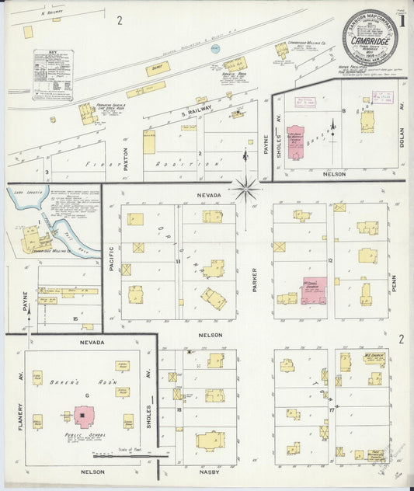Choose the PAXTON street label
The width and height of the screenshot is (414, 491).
[x=124, y=160]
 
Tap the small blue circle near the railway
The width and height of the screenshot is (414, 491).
[x=216, y=48]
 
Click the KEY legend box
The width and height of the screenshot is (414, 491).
[x=52, y=75]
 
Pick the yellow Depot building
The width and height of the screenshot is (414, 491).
[x=158, y=68]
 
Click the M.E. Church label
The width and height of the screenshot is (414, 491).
[x=374, y=354]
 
